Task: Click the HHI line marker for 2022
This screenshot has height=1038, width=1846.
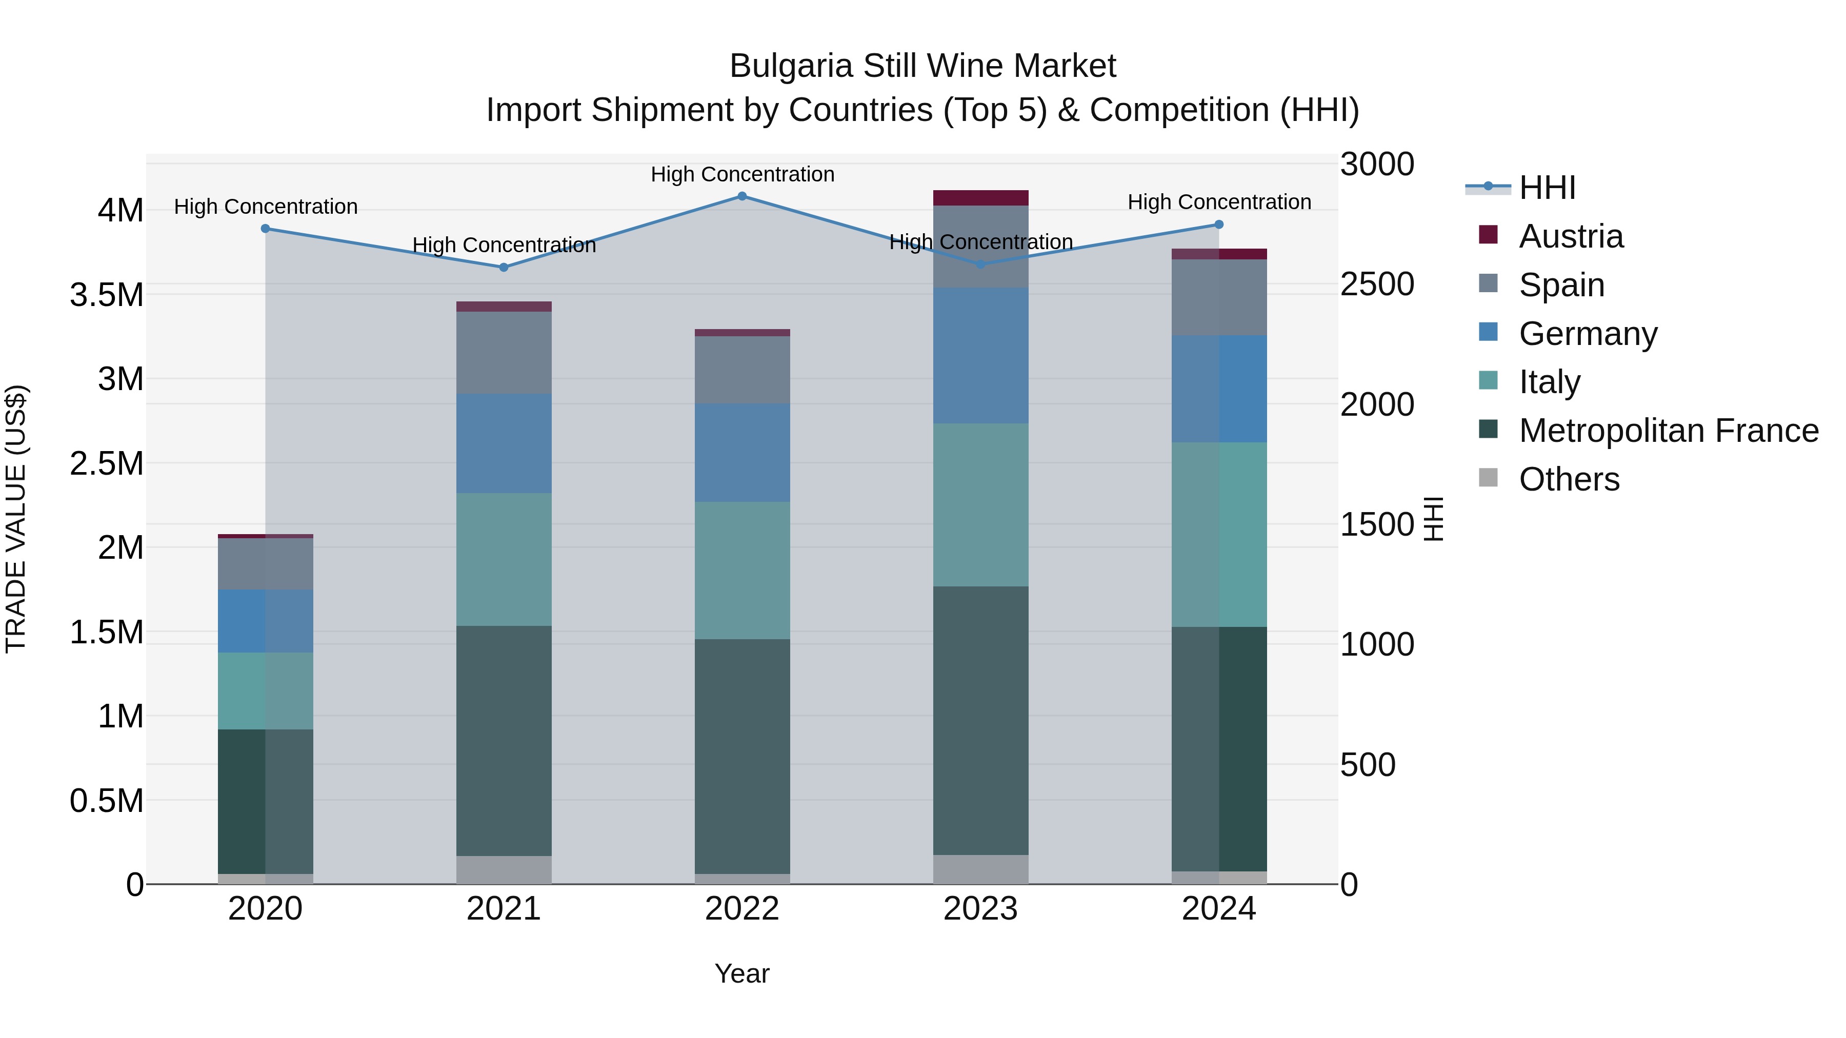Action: click(x=743, y=196)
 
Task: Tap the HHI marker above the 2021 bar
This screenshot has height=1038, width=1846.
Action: click(x=504, y=267)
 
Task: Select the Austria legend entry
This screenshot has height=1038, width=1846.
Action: click(x=1570, y=236)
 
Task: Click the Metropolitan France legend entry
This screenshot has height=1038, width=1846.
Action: click(x=1668, y=431)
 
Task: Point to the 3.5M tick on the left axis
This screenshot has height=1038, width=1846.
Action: click(x=107, y=295)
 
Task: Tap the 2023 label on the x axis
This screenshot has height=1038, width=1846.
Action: click(x=980, y=909)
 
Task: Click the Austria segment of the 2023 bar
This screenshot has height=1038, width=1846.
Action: click(x=980, y=198)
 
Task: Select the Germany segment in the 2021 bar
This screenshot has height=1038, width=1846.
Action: click(x=504, y=443)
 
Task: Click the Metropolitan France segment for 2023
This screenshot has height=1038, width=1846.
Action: click(x=980, y=720)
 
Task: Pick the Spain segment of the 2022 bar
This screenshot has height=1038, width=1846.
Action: click(x=743, y=370)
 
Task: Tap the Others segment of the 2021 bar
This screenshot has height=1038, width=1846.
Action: click(x=504, y=870)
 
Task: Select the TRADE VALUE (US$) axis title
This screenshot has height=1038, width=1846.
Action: click(x=16, y=519)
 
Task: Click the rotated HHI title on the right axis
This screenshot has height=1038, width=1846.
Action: click(x=1433, y=519)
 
